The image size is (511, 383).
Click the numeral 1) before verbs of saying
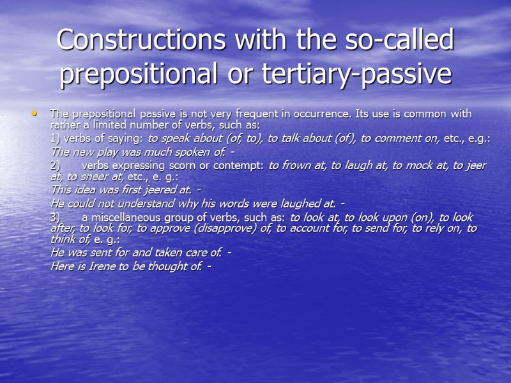coord(56,139)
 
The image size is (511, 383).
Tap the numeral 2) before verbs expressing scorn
coord(56,165)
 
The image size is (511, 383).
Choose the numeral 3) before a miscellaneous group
coord(56,218)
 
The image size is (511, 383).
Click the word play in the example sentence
coord(106,152)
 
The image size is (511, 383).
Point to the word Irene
coord(100,265)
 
